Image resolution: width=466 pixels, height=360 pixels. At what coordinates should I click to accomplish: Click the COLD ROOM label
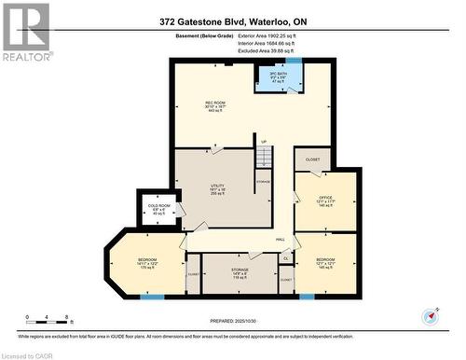point(158,209)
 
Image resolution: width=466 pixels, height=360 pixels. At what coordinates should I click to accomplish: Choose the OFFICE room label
point(324,198)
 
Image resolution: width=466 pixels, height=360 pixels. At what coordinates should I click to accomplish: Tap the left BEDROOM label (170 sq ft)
point(147,263)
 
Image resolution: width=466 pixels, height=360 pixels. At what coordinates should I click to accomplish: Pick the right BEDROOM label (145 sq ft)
point(325,262)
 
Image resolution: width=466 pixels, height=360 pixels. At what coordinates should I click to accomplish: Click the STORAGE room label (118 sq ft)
point(240,273)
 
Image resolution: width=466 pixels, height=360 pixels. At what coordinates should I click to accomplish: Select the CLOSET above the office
point(313,159)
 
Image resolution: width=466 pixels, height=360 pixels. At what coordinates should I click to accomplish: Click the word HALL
point(280,240)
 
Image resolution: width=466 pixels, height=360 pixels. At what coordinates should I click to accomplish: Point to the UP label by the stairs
point(264,143)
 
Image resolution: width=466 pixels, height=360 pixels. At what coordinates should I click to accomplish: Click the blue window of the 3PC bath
point(294,61)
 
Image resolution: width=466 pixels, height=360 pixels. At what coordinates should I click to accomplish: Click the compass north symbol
point(432,315)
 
